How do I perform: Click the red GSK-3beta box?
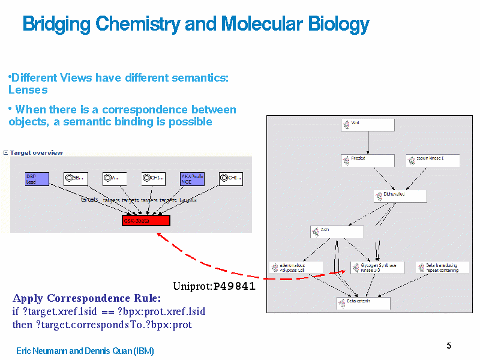pos(146,220)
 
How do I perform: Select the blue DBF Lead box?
pos(37,179)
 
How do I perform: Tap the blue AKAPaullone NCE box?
pos(192,179)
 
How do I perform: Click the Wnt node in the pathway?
pos(368,124)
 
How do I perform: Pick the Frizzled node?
pos(368,160)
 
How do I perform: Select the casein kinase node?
pos(433,160)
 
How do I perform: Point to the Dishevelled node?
pos(400,196)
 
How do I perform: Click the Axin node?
pos(337,232)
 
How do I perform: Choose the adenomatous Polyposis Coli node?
pos(296,268)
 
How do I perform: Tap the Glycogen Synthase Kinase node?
pos(377,268)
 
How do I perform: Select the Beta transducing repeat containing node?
pos(442,268)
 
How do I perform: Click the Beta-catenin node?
pos(363,303)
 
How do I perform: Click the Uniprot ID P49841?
pos(234,286)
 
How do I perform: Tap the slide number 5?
pos(449,346)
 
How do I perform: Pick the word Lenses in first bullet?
pos(28,90)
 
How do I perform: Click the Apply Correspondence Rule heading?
pos(86,298)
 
